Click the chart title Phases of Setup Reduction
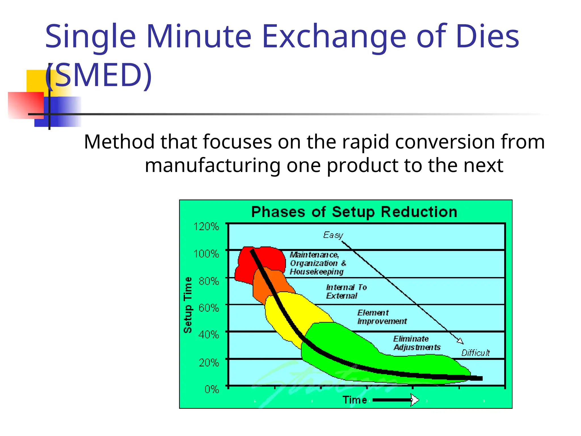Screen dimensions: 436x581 [354, 212]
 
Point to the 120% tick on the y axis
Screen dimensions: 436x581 [206, 227]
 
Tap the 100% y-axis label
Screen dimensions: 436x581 [206, 253]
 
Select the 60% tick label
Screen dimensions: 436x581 [209, 308]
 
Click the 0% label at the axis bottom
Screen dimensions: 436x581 [212, 389]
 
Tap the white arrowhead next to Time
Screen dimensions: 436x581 [414, 400]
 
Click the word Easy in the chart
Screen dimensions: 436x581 [333, 235]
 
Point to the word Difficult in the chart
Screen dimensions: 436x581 [475, 353]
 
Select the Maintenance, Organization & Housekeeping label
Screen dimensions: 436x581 [317, 263]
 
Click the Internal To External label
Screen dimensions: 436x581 [346, 292]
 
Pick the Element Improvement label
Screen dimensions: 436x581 [382, 317]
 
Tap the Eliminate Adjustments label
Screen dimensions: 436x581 [416, 343]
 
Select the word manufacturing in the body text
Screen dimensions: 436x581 [212, 165]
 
